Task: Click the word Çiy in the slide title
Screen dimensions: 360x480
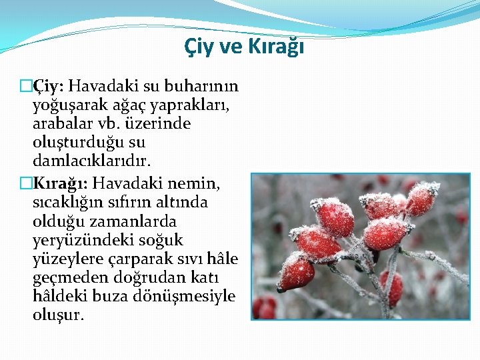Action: point(196,47)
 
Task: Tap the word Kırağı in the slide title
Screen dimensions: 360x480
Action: point(276,47)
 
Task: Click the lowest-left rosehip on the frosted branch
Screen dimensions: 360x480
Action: point(295,273)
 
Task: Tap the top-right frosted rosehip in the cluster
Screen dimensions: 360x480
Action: point(421,197)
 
